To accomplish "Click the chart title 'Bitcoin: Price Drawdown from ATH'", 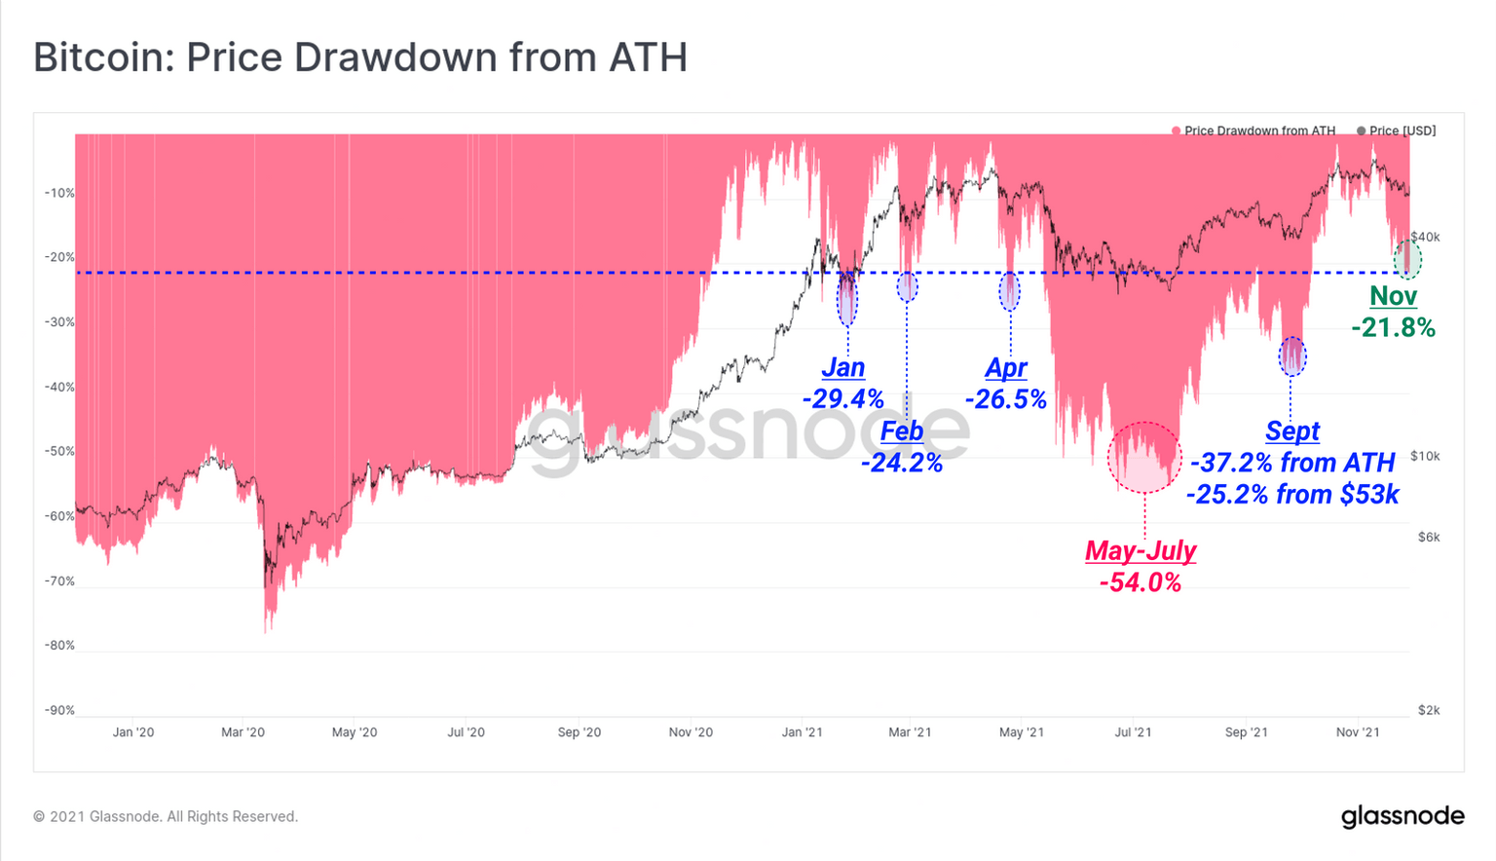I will coord(360,57).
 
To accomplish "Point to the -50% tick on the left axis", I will coord(59,452).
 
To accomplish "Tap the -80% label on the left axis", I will coord(59,646).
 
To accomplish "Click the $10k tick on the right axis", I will coord(1425,456).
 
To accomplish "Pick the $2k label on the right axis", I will coord(1428,710).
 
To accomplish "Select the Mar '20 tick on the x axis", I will coord(243,732).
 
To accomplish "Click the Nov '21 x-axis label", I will coord(1357,732).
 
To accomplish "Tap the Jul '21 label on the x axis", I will coord(1133,732).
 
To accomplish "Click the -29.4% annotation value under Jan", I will coord(843,398).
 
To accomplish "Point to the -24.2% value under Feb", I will coord(902,463).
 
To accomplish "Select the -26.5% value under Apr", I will coord(1006,398).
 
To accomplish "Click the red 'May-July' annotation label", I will coord(1141,550).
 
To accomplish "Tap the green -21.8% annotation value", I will coord(1394,327).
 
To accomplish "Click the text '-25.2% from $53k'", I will coord(1292,494).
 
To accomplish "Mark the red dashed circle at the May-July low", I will coord(1144,457).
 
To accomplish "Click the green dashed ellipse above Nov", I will coord(1407,259).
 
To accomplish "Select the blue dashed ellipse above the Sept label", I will coord(1291,356).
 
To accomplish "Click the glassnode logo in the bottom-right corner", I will coord(1402,816).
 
